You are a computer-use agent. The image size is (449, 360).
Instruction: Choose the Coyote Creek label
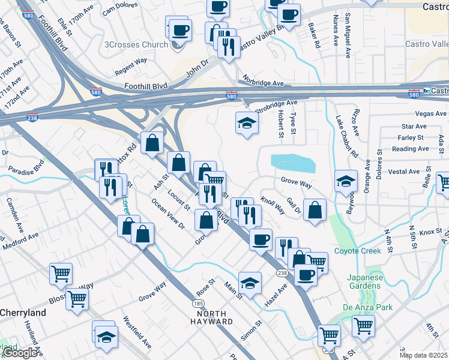tap(357, 251)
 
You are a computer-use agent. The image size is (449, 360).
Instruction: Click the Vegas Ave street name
tap(430, 113)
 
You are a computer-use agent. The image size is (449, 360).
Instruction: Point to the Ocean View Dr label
tap(168, 215)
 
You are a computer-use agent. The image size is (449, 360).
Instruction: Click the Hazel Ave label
tap(276, 293)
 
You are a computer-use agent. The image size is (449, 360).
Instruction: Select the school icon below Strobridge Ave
tap(246, 124)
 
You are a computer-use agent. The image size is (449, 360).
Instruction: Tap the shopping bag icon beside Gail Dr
tap(315, 210)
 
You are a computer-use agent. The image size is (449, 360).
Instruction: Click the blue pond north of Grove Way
tap(293, 162)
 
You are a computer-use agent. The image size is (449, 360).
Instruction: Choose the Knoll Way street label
tap(273, 205)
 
